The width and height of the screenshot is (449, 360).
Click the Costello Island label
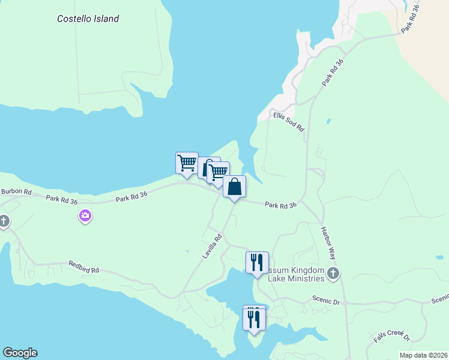tap(88, 19)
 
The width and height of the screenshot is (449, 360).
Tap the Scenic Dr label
tap(326, 301)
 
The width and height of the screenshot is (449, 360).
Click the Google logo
tap(20, 353)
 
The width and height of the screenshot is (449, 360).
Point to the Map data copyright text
tap(423, 355)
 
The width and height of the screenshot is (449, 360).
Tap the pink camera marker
tap(85, 215)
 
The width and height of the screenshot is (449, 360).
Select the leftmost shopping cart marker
tap(187, 162)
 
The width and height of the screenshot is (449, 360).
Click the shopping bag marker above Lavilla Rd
tap(234, 187)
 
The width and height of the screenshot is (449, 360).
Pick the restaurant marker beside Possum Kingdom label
tap(257, 262)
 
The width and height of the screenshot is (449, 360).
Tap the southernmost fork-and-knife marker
tap(254, 319)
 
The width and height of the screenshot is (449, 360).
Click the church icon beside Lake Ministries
tap(333, 274)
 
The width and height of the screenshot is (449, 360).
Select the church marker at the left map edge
tap(4, 221)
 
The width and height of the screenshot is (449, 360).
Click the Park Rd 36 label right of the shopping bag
tap(281, 205)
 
